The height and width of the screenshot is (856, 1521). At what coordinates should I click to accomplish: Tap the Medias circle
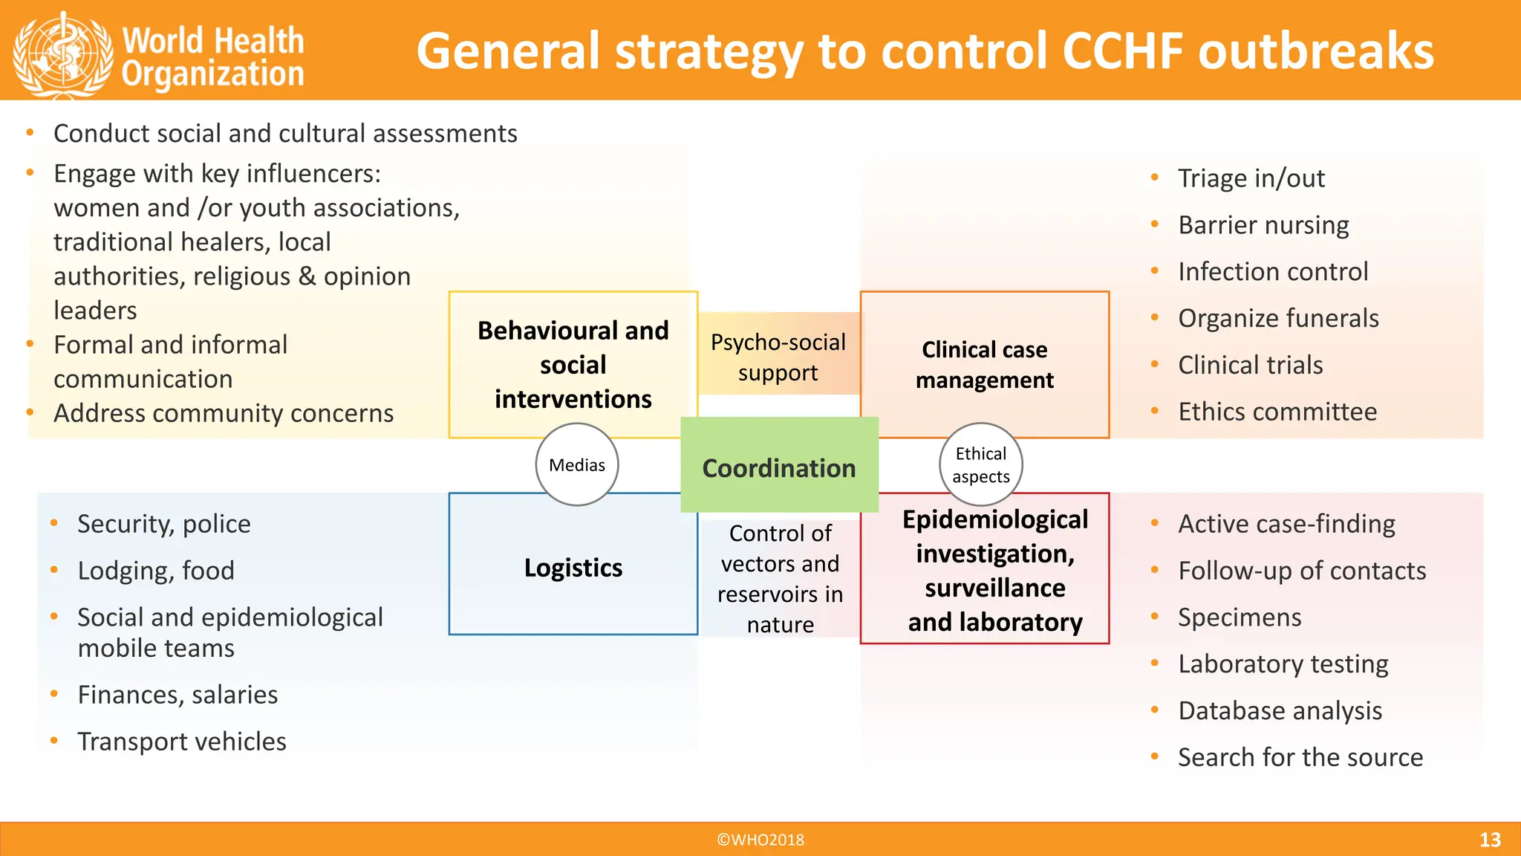coord(577,465)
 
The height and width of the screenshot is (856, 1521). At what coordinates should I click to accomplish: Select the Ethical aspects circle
coord(980,465)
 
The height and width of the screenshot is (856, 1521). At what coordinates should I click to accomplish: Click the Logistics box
coord(573,568)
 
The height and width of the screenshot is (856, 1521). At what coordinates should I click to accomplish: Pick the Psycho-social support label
coord(778,357)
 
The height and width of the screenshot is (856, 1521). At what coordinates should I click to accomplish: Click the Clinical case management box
coord(984,364)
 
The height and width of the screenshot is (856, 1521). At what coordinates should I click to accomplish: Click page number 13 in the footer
coord(1489,840)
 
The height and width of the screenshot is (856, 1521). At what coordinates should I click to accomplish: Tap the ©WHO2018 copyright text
coord(760,840)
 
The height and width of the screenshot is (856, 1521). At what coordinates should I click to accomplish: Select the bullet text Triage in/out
coord(1251,178)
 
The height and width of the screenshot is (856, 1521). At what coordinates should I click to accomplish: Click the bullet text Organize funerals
coord(1278,318)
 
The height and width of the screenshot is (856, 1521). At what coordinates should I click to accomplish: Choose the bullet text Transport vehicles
coord(182,742)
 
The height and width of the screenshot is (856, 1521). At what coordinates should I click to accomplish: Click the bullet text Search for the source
coord(1300,757)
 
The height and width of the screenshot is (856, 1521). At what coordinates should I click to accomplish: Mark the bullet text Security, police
coord(164,524)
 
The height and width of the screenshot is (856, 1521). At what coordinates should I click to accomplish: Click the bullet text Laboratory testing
coord(1283,664)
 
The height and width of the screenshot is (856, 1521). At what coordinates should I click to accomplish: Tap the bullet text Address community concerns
coord(224,413)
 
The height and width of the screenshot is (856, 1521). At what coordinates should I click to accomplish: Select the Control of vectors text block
coord(780,578)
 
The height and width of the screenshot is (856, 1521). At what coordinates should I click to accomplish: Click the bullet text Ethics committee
coord(1277,412)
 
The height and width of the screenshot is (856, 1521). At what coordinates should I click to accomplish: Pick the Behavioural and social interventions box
coord(573,364)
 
